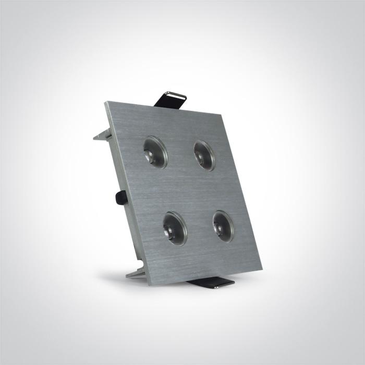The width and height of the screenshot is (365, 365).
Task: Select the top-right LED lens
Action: (x=204, y=155)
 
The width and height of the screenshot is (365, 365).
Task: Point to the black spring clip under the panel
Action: (x=211, y=284)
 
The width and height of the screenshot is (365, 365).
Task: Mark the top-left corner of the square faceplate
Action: (x=106, y=103)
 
